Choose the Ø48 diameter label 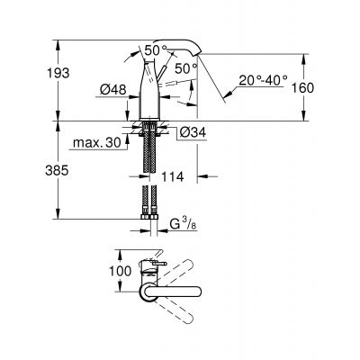(107, 90)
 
